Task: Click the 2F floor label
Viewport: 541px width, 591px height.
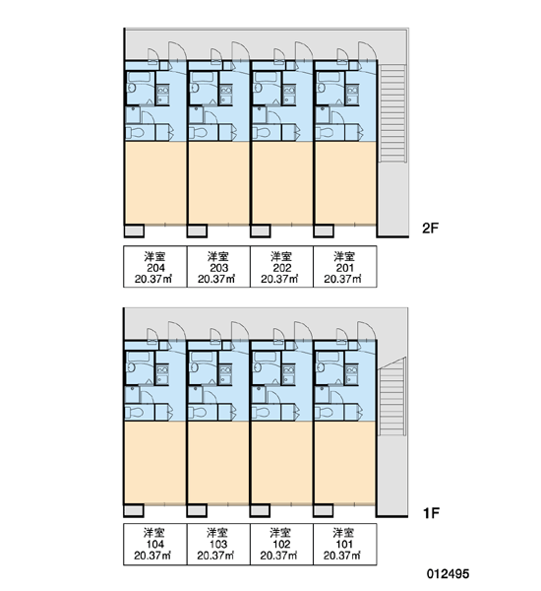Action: tap(431, 229)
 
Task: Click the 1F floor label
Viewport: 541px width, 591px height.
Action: tap(431, 512)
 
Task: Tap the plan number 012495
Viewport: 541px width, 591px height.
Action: tap(448, 573)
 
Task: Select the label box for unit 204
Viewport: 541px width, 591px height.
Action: tap(155, 267)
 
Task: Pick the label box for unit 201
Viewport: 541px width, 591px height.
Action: tap(345, 267)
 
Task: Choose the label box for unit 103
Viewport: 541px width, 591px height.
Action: tap(218, 544)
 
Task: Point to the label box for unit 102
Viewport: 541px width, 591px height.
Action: tap(281, 544)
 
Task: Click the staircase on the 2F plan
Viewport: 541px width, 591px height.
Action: tap(392, 113)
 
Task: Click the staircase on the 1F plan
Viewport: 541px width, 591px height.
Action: tap(392, 396)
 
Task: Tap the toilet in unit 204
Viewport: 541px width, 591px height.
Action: tap(135, 133)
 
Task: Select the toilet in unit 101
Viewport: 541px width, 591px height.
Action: tap(324, 413)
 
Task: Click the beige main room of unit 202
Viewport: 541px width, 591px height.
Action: tap(281, 183)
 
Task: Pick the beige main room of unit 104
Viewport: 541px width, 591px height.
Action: tap(155, 463)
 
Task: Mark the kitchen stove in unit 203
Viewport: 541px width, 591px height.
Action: tap(226, 95)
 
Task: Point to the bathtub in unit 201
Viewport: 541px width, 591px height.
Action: tap(329, 77)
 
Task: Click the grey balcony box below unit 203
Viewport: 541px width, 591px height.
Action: tap(197, 230)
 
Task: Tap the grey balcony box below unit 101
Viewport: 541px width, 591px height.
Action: tap(323, 510)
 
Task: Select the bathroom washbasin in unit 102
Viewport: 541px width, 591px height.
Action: tap(258, 367)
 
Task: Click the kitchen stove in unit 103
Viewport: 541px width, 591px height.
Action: tap(225, 374)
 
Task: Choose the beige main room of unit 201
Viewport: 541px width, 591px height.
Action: tap(345, 183)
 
